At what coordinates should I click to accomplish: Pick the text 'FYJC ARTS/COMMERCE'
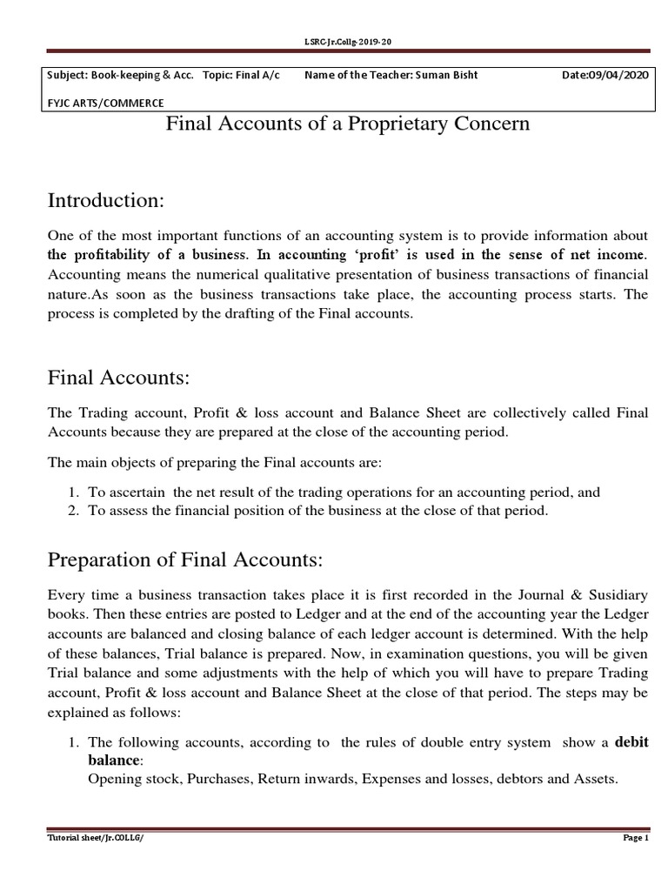(x=105, y=103)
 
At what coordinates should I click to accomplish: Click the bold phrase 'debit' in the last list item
(x=631, y=742)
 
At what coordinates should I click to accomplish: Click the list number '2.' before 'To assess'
(x=74, y=511)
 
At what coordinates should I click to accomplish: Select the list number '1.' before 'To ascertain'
(x=74, y=492)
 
